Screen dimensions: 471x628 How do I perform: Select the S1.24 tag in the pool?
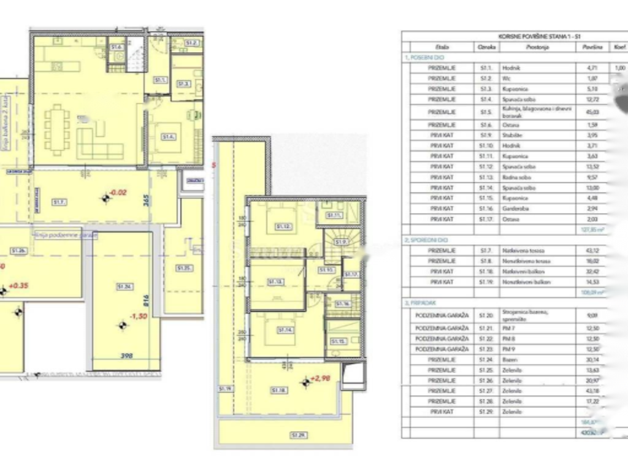[x=125, y=286]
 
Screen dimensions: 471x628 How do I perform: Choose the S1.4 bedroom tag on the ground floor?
[x=169, y=137]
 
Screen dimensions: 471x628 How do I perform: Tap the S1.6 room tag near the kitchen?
[x=117, y=47]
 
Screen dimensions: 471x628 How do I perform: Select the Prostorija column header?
[x=537, y=47]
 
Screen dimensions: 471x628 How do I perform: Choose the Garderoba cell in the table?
[x=537, y=209]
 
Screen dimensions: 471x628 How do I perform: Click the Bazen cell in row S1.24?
[x=537, y=360]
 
